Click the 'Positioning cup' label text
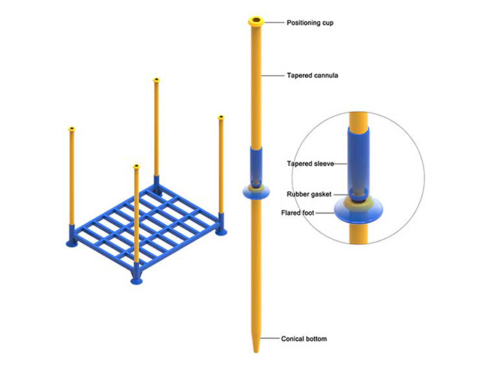(x=310, y=23)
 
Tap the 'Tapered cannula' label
(x=312, y=75)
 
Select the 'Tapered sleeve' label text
(x=310, y=163)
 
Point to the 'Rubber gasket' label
(x=309, y=194)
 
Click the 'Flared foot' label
(x=298, y=213)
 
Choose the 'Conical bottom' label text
(x=304, y=339)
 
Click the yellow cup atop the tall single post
(x=256, y=22)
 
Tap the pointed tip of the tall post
(x=256, y=352)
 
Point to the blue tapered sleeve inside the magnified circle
(x=358, y=161)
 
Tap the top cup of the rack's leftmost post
(x=72, y=129)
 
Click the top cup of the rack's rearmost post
(x=156, y=80)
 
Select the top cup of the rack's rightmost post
(x=221, y=117)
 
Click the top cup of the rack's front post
(x=136, y=167)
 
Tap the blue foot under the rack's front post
(x=136, y=280)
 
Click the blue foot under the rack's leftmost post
(x=72, y=244)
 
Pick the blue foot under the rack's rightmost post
(x=221, y=232)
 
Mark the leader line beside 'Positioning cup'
(x=274, y=22)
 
